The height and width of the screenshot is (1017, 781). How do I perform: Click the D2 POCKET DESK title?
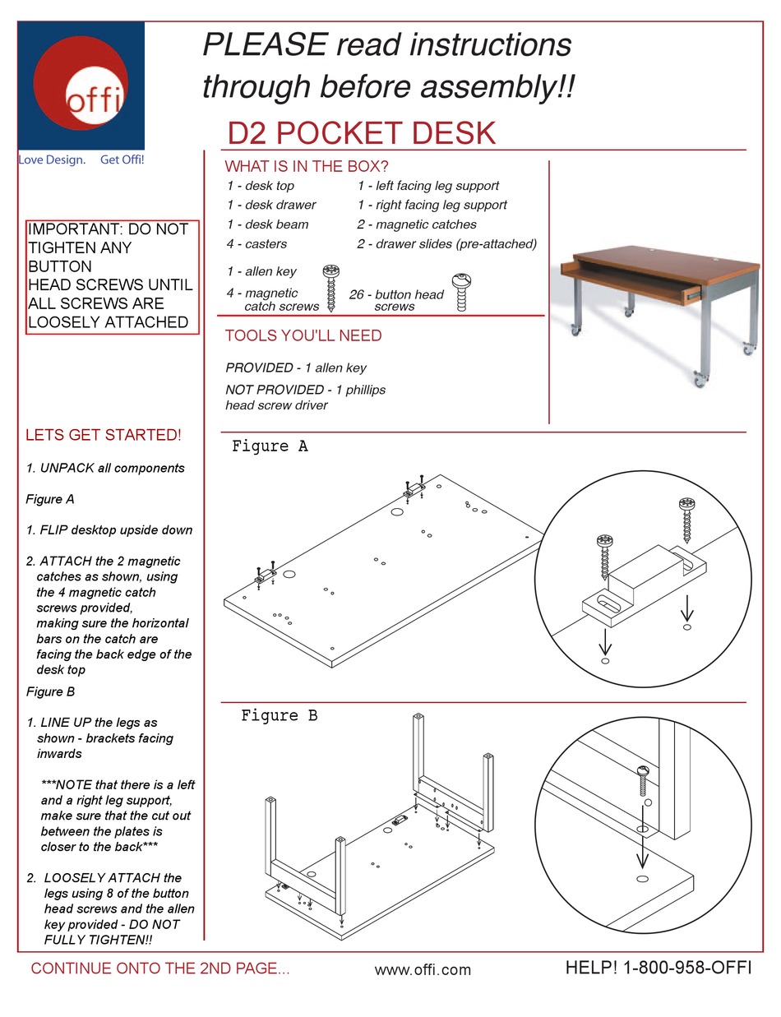point(361,133)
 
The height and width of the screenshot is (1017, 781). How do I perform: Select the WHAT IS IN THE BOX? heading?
point(307,166)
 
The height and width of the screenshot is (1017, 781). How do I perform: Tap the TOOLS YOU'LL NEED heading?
point(303,335)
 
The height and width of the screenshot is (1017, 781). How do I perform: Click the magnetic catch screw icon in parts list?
point(331,289)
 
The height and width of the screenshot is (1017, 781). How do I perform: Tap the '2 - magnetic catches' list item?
point(416,224)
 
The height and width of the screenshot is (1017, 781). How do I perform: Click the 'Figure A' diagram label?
point(270,446)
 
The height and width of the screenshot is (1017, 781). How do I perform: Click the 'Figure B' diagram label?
point(279,716)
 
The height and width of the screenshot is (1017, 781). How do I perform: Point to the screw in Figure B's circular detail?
point(642,781)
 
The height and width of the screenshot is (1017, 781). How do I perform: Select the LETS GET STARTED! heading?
point(104,435)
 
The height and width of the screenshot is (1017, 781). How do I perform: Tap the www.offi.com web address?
point(423,970)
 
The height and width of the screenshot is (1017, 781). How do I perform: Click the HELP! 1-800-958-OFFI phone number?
point(658,968)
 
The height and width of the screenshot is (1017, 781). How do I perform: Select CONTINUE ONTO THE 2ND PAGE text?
point(160,968)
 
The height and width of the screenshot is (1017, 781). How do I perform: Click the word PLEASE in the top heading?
point(264,45)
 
